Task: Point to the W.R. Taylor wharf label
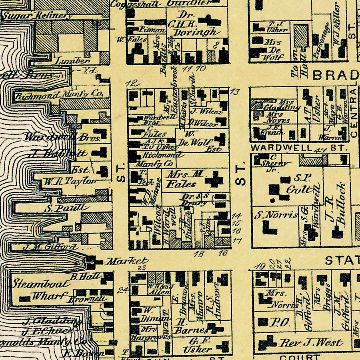pos(70,181)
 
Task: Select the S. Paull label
pos(66,208)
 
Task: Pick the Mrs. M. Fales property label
pos(182,179)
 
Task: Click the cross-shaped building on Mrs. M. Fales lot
pos(214,179)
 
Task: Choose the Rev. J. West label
pos(311,342)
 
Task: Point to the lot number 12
pos(132,83)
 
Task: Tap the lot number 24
pos(122,290)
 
